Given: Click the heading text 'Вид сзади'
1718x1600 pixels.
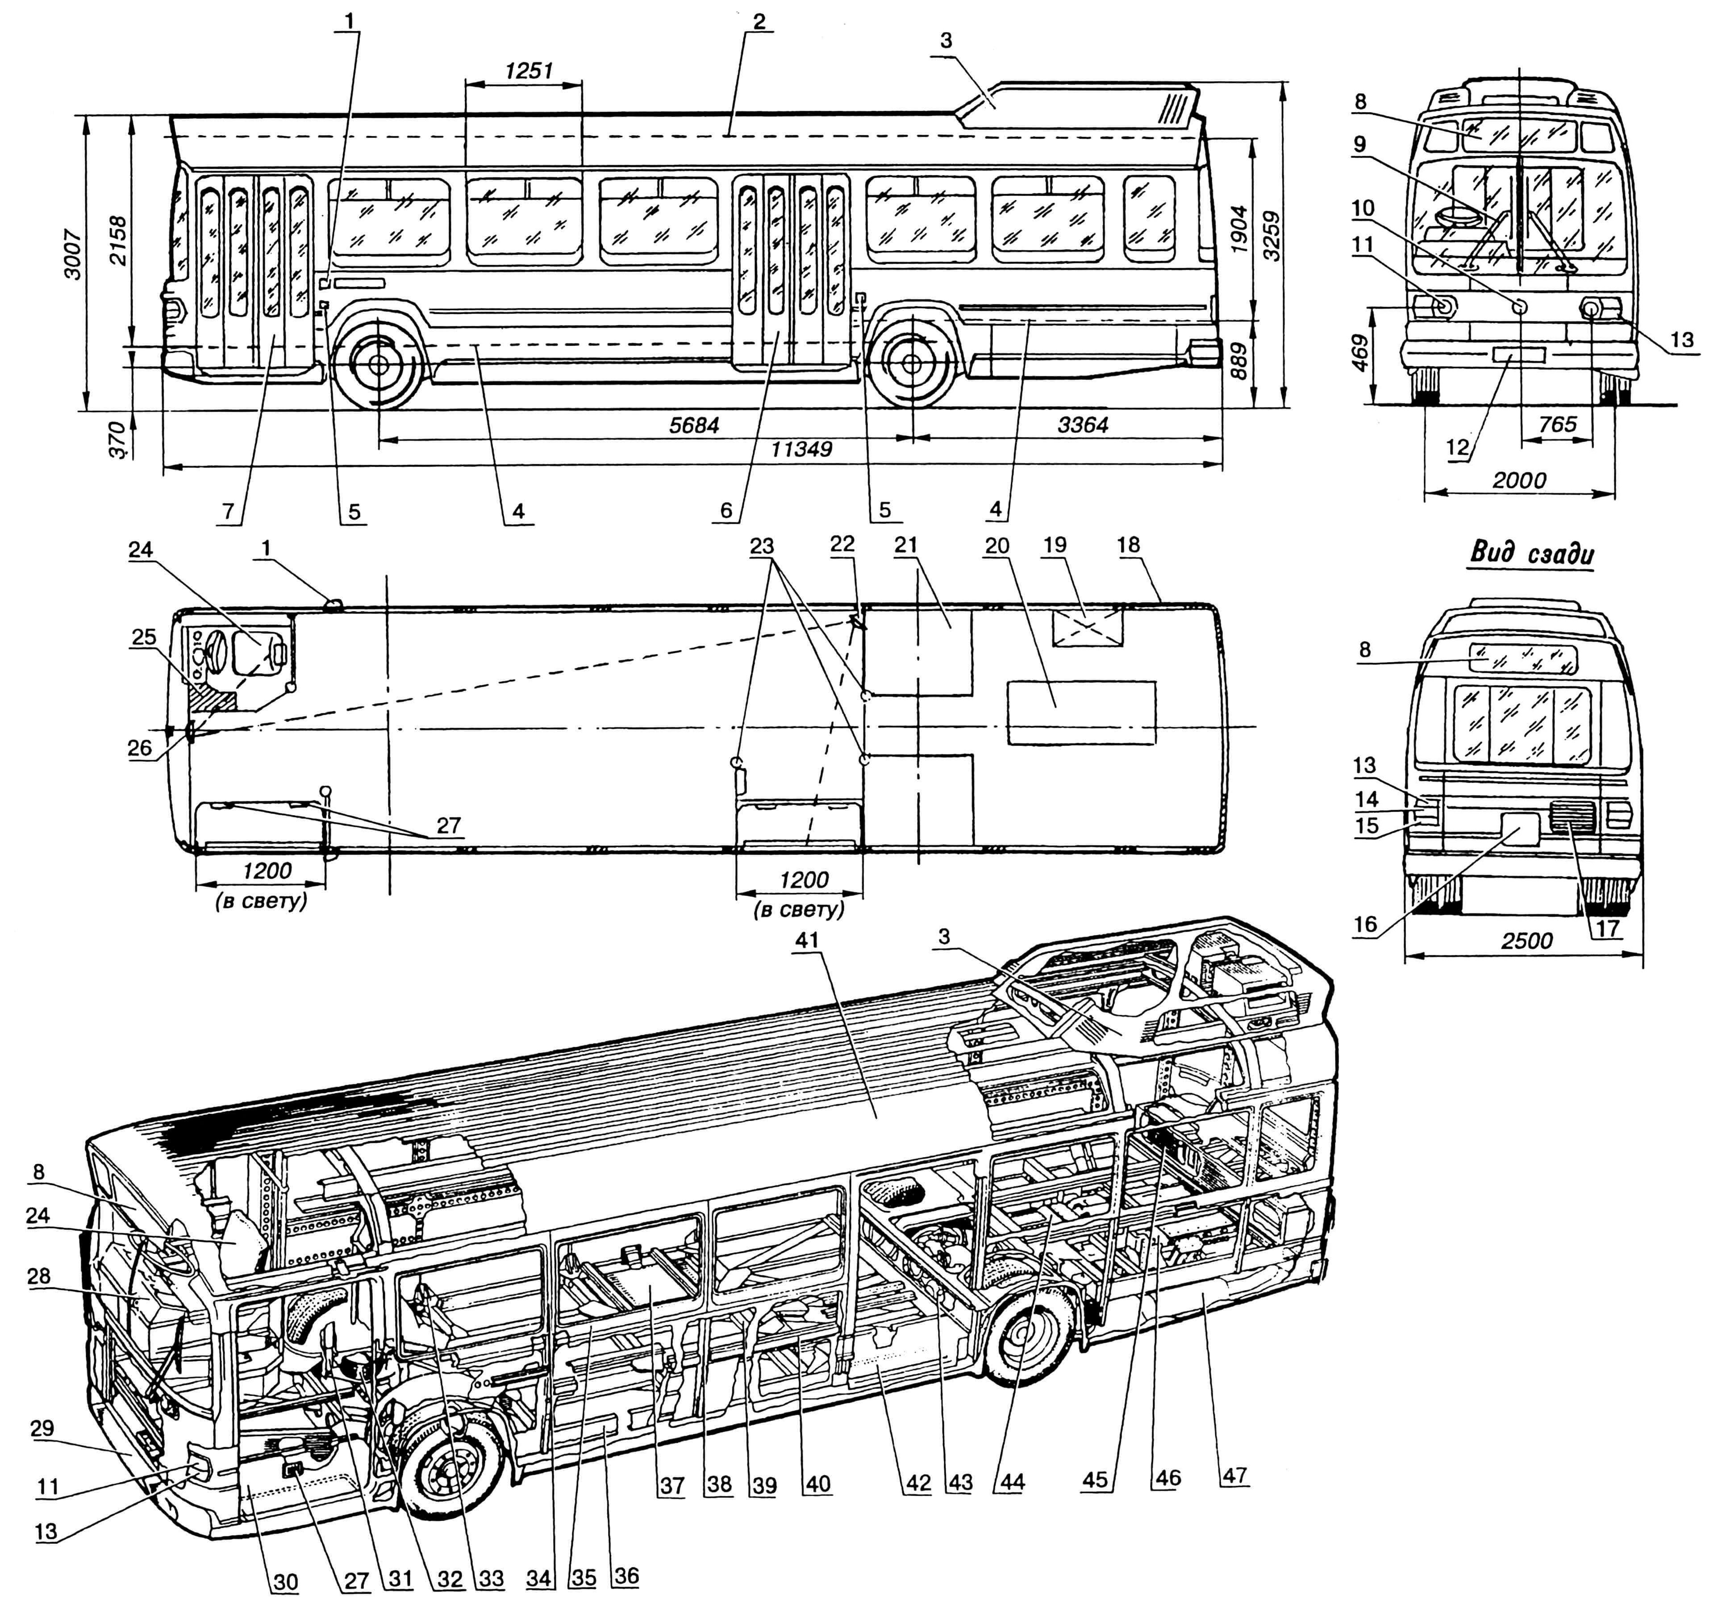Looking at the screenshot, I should click(x=1531, y=554).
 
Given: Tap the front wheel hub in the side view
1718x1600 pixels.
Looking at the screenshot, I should click(x=379, y=366).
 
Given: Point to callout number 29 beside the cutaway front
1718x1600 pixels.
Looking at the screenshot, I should click(x=42, y=1428).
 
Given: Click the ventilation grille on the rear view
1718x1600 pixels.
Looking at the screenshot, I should click(x=1573, y=816).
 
